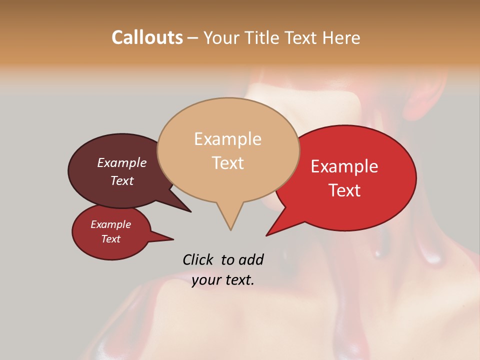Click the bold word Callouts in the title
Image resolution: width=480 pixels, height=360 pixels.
(147, 37)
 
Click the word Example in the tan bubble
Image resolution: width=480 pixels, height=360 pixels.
(227, 139)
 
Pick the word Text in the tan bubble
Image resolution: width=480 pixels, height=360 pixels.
(227, 163)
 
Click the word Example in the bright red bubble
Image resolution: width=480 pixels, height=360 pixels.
(344, 166)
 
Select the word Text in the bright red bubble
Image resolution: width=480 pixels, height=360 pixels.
(344, 190)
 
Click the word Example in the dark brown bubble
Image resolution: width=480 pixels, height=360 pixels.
(122, 163)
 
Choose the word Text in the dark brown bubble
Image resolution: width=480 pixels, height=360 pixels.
(122, 180)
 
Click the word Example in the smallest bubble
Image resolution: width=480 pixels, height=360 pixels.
(111, 224)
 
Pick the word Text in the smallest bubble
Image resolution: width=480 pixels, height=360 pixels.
(111, 239)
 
